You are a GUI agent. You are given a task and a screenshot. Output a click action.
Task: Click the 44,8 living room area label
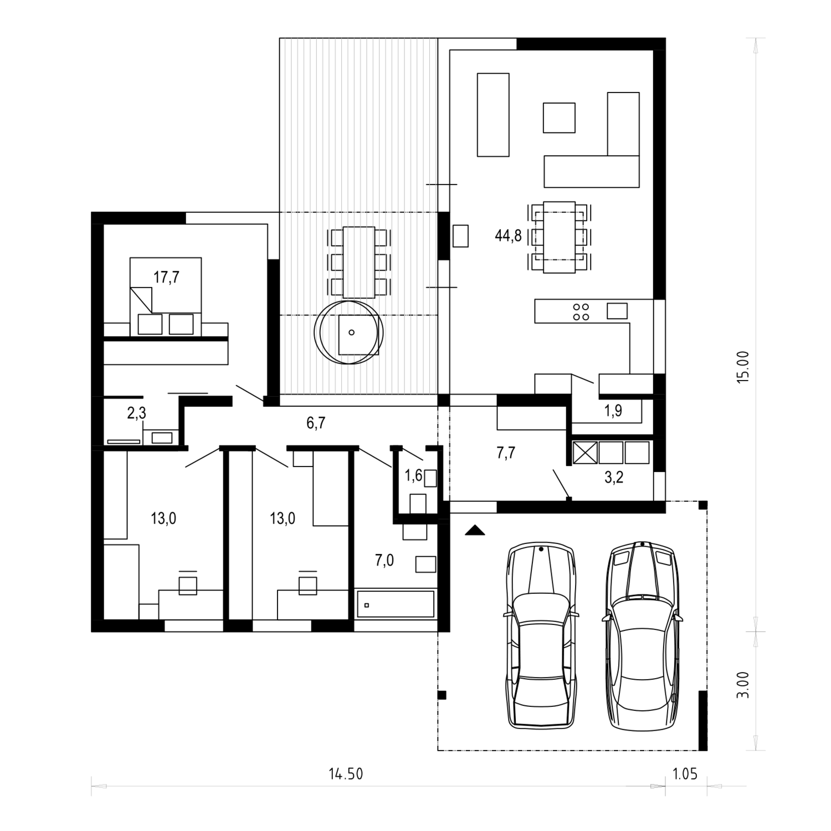(508, 236)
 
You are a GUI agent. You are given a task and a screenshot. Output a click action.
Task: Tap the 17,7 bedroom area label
(166, 277)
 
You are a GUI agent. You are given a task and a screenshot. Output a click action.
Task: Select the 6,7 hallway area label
(316, 423)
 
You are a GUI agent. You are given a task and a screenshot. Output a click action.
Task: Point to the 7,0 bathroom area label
(384, 561)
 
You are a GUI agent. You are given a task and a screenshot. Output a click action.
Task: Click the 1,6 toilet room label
(413, 475)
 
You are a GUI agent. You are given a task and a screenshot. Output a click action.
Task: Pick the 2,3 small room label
(136, 413)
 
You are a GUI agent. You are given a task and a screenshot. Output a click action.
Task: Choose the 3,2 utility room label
(614, 477)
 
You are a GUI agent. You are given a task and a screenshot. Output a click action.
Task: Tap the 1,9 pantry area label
(613, 411)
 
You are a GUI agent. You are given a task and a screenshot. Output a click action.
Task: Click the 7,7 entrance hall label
(506, 453)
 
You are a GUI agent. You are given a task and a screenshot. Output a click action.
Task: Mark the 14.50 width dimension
(346, 774)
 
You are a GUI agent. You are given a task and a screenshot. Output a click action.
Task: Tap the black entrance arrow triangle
(475, 531)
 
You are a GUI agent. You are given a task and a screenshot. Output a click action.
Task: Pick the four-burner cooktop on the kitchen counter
(581, 312)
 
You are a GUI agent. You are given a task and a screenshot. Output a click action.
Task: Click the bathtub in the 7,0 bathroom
(394, 604)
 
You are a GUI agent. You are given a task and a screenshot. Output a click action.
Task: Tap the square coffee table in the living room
(559, 118)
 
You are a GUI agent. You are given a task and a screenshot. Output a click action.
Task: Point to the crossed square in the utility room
(584, 452)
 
